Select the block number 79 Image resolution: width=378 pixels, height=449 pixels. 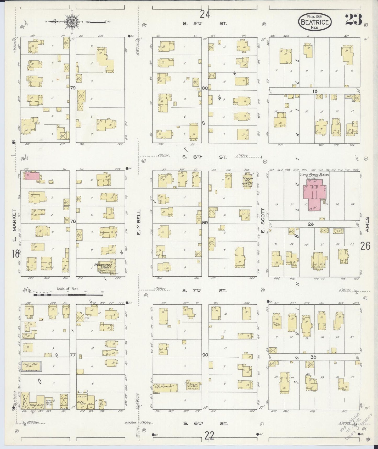pyautogui.click(x=73, y=88)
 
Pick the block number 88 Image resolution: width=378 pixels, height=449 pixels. pyautogui.click(x=205, y=88)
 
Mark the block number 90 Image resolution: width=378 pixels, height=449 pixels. pyautogui.click(x=205, y=355)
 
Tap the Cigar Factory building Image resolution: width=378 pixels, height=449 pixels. pyautogui.click(x=165, y=387)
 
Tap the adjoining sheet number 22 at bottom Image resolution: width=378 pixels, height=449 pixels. pyautogui.click(x=210, y=436)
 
